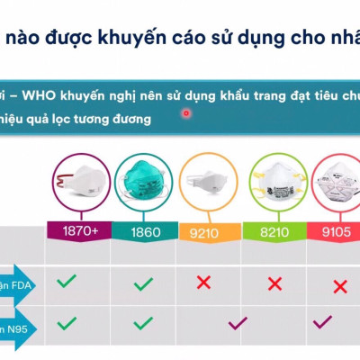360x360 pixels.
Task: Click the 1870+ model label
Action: pyautogui.click(x=79, y=231)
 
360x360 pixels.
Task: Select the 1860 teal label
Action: pyautogui.click(x=145, y=231)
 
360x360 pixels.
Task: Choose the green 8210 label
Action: pyautogui.click(x=274, y=231)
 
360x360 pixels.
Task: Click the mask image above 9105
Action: pyautogui.click(x=335, y=185)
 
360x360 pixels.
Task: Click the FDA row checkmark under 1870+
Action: pyautogui.click(x=67, y=282)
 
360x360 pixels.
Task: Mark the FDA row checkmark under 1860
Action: pyautogui.click(x=143, y=284)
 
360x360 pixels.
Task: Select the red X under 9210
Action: pyautogui.click(x=204, y=283)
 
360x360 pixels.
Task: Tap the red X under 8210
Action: pyautogui.click(x=274, y=284)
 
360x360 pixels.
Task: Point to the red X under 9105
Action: pyautogui.click(x=339, y=286)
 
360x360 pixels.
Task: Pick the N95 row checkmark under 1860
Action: pyautogui.click(x=143, y=321)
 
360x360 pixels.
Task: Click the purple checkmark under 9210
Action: pyautogui.click(x=238, y=322)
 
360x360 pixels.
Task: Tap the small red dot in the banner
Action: pyautogui.click(x=186, y=113)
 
